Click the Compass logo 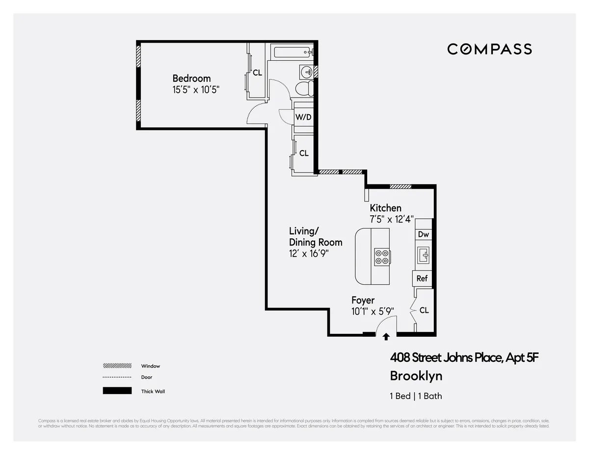489,49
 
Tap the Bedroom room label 191,78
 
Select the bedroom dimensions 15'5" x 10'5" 195,90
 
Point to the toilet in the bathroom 305,88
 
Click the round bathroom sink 306,72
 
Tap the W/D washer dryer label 303,117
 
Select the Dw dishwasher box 423,235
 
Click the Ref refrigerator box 422,278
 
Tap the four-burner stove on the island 382,256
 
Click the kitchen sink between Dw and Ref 423,255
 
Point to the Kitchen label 385,208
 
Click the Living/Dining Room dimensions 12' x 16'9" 308,253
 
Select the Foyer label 363,300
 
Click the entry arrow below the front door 386,336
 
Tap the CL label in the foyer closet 424,310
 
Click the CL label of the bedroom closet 257,73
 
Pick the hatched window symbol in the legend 117,366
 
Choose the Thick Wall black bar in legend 117,391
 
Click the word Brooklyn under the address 416,376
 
